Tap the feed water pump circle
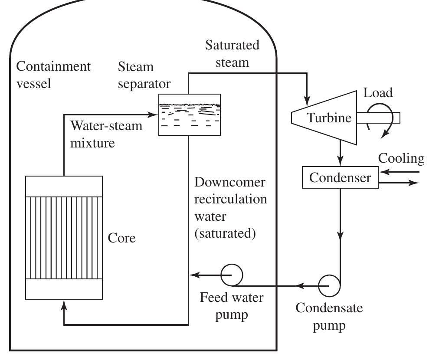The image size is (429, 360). coord(232,275)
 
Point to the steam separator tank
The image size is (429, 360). coord(189,114)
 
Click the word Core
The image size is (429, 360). coord(122,238)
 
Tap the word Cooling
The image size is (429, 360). coord(401,158)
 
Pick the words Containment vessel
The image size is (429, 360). coord(53,75)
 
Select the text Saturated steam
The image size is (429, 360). coord(232,53)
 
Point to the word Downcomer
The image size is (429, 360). coord(229,183)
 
